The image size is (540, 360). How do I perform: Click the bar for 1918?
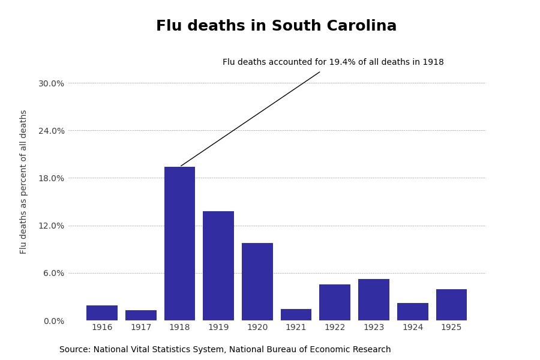coord(179,244)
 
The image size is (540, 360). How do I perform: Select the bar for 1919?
coord(218,266)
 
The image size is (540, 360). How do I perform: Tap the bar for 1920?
coord(257,281)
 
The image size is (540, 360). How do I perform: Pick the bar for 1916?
coord(102,313)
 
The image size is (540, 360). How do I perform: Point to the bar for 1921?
coord(296,315)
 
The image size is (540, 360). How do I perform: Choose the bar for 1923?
coord(374,299)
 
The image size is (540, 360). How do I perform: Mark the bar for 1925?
coord(451,305)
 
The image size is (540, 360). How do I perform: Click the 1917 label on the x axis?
coord(141,328)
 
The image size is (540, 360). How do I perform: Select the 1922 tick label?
coord(335,328)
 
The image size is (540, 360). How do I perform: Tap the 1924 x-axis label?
coord(413,328)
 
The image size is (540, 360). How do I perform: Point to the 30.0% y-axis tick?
coord(51,83)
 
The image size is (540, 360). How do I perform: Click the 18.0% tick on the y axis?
coord(51,178)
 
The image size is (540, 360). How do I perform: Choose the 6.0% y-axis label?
coord(53,273)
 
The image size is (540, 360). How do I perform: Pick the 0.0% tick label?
coord(53,321)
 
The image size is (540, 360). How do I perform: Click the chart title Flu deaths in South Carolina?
coord(276,26)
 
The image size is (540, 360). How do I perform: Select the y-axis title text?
coord(24,182)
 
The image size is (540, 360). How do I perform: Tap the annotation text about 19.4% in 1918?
coord(333,62)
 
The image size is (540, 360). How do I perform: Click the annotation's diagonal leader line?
coord(250,119)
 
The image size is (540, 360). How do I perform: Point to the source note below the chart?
coord(225,350)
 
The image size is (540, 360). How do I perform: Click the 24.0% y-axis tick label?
coord(51,131)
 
